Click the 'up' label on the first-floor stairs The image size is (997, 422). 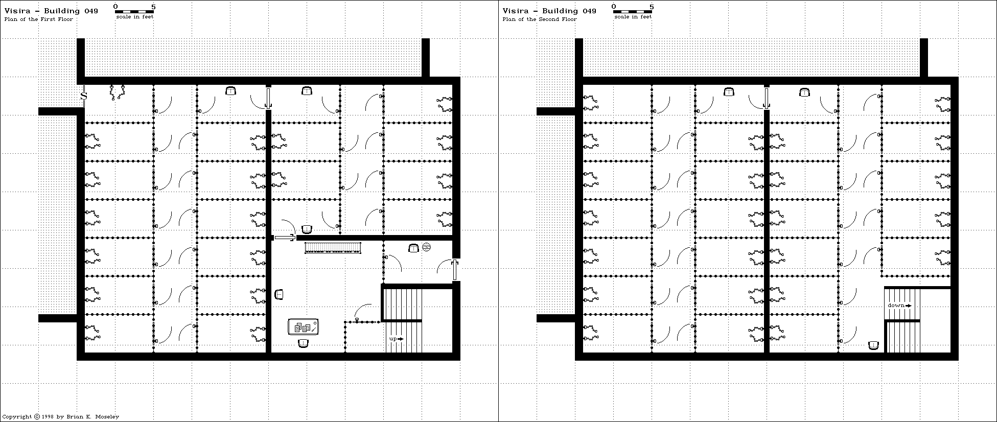coord(393,339)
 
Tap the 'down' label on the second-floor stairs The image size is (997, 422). coord(896,306)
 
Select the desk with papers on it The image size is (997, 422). coord(303,327)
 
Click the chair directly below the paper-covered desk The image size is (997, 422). coord(304,343)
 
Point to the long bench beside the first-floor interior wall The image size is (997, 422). coord(333,248)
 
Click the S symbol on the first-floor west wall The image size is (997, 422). coord(84,96)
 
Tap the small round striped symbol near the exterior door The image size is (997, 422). coord(427,248)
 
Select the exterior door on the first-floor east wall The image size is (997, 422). coord(454,270)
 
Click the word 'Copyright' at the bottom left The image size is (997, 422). coord(17,416)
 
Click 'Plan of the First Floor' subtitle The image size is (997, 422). coord(38,19)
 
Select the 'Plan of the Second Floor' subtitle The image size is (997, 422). coord(539,19)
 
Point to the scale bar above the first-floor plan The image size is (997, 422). coord(134,11)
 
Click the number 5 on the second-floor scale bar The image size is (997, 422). coord(652,7)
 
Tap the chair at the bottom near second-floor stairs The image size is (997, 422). coord(873,346)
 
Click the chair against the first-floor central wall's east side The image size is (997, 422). coord(279,294)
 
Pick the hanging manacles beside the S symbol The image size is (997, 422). coord(117,92)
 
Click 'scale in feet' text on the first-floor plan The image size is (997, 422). coord(134,17)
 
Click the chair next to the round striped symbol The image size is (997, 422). coord(413,248)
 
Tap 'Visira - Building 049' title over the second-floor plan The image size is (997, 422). coord(549,11)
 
